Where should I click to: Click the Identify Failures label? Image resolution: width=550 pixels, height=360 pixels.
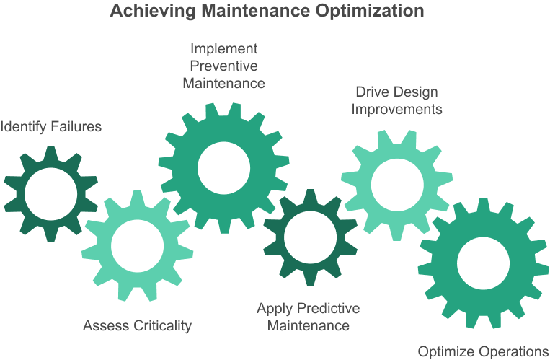pos(51,127)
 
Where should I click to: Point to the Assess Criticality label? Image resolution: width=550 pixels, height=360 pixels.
pos(138,325)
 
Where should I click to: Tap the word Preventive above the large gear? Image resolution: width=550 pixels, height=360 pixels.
pos(223,66)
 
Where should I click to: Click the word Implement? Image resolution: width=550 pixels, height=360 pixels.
pos(223,50)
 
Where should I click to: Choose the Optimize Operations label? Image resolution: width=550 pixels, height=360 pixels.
pos(483,351)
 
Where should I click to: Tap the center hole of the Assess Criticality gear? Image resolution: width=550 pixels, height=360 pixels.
pos(137,245)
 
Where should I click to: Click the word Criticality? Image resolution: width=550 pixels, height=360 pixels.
pos(165,325)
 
